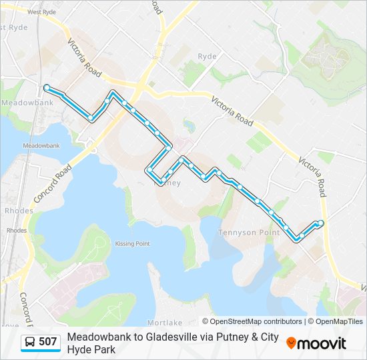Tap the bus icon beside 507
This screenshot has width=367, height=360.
(30, 343)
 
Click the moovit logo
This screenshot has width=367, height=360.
(316, 343)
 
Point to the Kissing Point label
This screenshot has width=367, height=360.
(132, 244)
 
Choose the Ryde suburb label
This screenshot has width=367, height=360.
(207, 57)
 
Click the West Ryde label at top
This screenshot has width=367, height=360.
(42, 12)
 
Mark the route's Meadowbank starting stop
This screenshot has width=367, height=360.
(47, 88)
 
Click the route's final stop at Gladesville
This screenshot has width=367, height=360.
(321, 223)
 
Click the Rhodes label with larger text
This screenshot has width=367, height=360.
(18, 211)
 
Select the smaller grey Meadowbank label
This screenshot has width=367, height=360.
(41, 145)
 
